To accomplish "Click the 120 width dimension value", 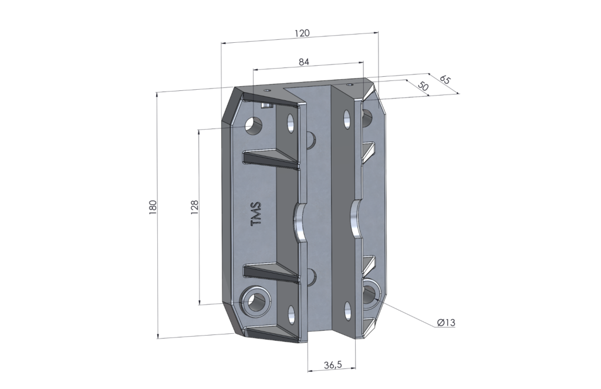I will [302, 33].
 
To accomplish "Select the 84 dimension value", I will [304, 61].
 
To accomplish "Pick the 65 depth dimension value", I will [444, 79].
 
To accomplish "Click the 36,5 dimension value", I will [332, 365].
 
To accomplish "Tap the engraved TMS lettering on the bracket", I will [256, 215].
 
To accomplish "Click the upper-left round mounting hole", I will [254, 124].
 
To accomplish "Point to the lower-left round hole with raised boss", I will [256, 300].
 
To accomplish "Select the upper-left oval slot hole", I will [290, 123].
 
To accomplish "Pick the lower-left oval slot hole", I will [290, 313].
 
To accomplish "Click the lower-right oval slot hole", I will [347, 311].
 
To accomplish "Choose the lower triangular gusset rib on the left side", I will [270, 272].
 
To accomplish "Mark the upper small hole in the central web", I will [311, 139].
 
